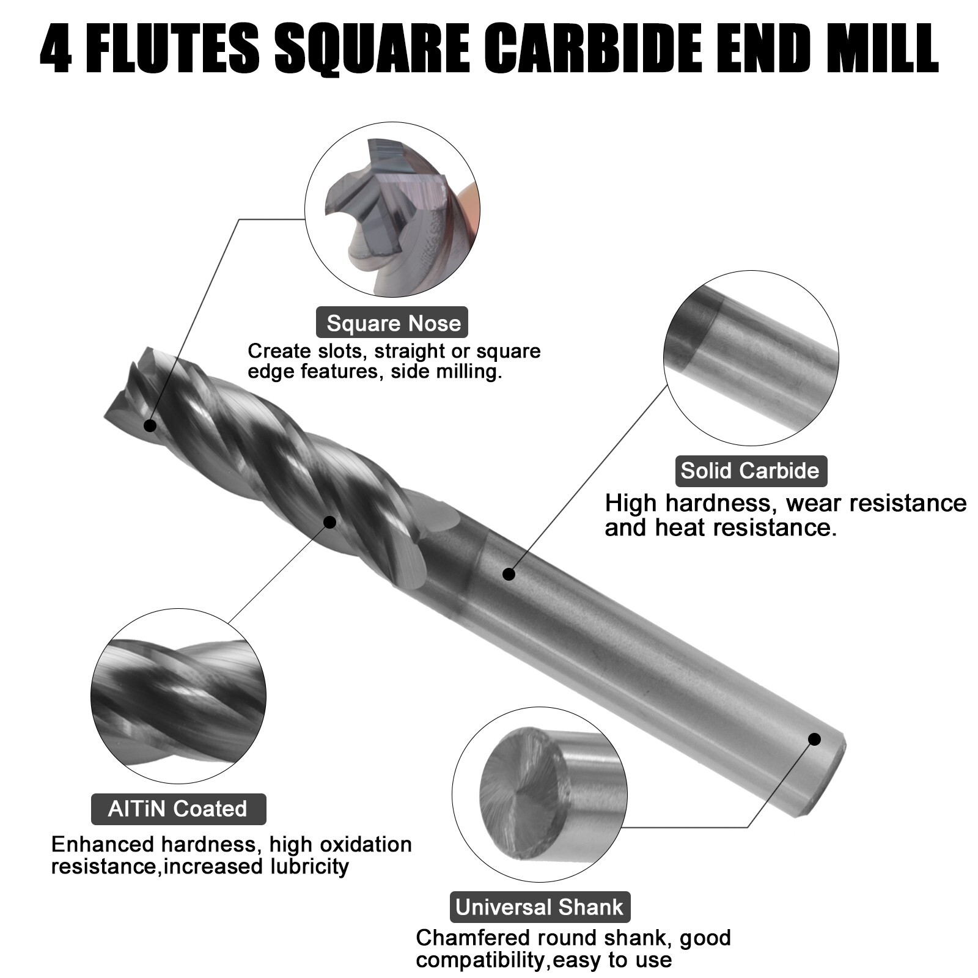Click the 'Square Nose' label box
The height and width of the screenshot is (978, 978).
coord(392,323)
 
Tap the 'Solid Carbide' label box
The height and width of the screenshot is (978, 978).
coord(750,471)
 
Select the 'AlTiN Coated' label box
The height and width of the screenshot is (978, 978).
coord(178,809)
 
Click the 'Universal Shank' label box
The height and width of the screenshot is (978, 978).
coord(540,906)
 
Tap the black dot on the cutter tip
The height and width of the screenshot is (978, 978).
coord(150,425)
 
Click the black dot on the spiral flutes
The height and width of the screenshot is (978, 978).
coord(329,522)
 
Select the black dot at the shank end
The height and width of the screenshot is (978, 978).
coord(814,739)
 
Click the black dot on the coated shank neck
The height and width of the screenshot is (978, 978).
coord(509,574)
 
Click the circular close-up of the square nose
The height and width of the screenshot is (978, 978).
coord(392,210)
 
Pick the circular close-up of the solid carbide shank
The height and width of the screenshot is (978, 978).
coord(751,358)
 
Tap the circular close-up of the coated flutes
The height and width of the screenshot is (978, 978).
coord(178,696)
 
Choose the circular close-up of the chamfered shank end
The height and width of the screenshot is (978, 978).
coord(539,794)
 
